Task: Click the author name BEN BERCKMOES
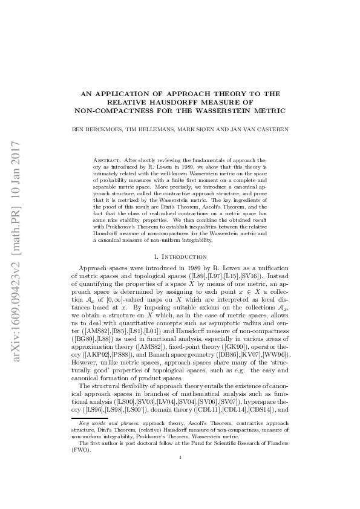pyautogui.click(x=94, y=129)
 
